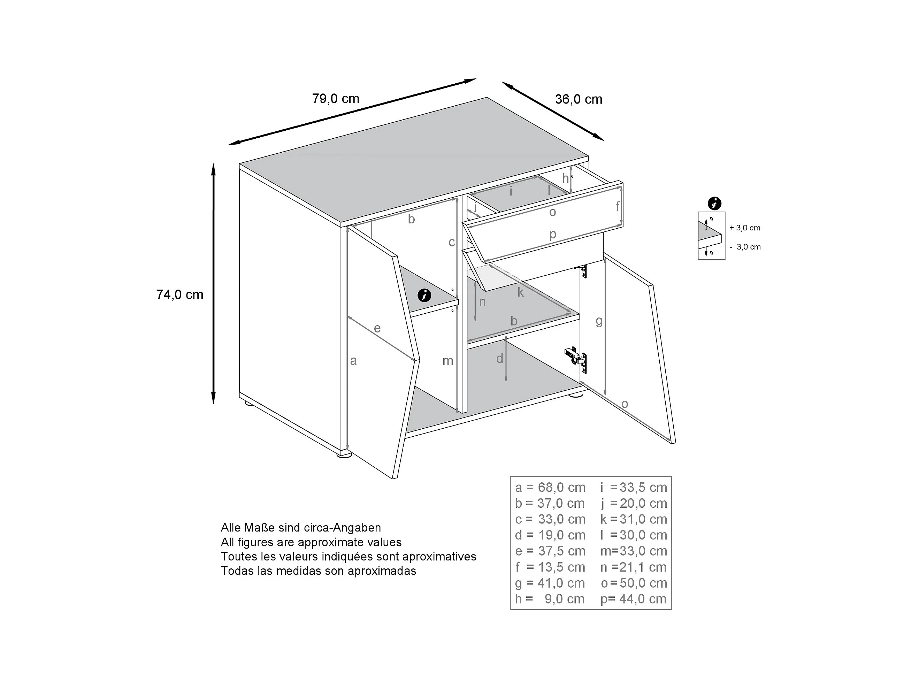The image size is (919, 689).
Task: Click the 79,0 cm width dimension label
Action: click(x=336, y=99)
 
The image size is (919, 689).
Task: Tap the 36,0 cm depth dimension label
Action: click(x=579, y=99)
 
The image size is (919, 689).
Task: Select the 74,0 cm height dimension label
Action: click(x=180, y=294)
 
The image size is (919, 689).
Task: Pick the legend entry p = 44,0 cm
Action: click(x=634, y=599)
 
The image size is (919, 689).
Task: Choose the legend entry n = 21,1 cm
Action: click(x=634, y=567)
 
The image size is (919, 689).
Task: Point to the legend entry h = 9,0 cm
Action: click(x=550, y=599)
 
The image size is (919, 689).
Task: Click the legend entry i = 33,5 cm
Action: click(x=634, y=488)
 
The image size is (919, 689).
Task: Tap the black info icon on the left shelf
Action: click(x=424, y=296)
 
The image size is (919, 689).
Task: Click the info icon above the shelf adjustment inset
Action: click(x=714, y=204)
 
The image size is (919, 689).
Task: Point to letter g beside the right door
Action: click(x=599, y=321)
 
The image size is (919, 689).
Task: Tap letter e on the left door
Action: click(x=377, y=328)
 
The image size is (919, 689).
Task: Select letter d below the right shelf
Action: click(x=500, y=358)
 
